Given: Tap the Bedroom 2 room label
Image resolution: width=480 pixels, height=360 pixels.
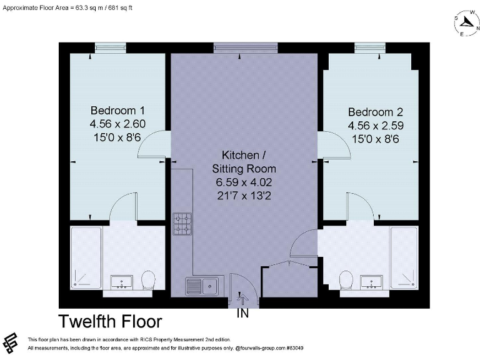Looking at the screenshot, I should point(376,112).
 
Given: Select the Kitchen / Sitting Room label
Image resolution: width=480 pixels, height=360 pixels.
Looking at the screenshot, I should point(244,161).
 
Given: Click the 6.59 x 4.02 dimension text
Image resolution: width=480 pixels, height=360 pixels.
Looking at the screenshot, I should point(244,182).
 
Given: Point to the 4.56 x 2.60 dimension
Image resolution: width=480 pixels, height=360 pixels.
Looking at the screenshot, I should point(118,124).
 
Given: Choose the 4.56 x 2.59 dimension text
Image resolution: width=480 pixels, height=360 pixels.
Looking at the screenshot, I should point(376,126).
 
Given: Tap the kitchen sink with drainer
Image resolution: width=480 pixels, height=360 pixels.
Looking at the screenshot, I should point(201,286).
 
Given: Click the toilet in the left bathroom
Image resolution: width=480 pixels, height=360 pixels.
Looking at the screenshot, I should point(148,279).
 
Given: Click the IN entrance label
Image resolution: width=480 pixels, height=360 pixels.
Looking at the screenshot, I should point(242,314).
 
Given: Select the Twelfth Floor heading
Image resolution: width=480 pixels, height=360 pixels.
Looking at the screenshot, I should point(111,322).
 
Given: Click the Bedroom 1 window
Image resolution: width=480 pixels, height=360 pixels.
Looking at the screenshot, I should point(110,47).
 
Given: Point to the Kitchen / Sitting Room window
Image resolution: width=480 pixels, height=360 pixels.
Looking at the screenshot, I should point(245,47).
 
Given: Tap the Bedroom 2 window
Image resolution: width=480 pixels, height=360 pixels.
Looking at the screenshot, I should point(369,47).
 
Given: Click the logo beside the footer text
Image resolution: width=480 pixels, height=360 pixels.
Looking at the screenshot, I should point(11,342).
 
